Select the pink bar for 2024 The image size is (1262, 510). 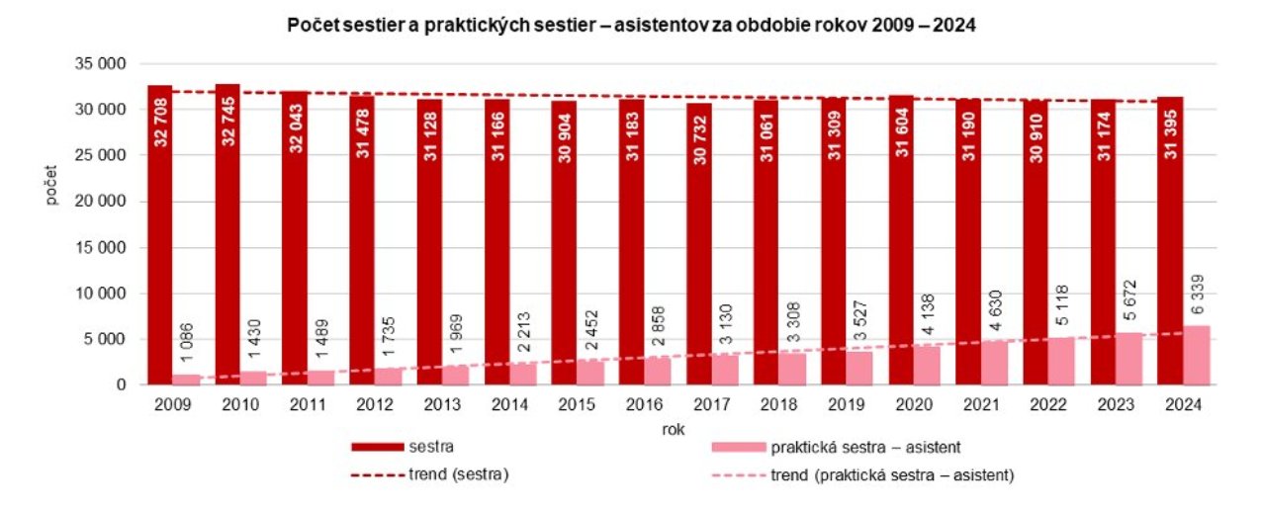[x=1197, y=356]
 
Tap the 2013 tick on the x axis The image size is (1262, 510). [x=442, y=404]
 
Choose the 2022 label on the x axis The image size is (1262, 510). [x=1048, y=404]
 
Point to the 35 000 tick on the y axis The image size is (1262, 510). [x=101, y=64]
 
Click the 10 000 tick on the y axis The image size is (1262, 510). [x=101, y=294]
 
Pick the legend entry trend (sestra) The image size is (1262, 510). [x=458, y=475]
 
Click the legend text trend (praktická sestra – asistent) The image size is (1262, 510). [x=905, y=475]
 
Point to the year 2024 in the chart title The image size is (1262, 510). [x=954, y=27]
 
